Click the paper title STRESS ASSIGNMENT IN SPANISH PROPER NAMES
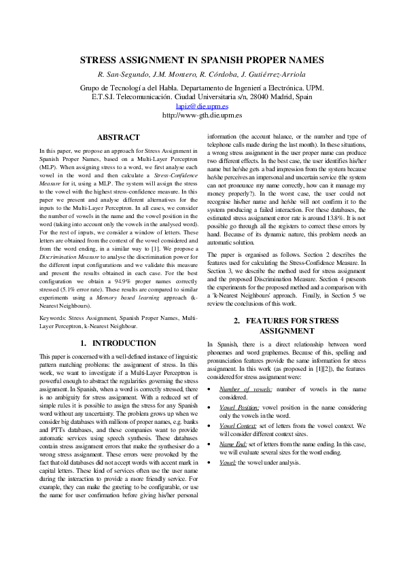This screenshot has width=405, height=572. pyautogui.click(x=202, y=60)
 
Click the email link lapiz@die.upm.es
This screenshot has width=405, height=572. pyautogui.click(x=202, y=107)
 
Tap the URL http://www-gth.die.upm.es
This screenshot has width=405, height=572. pyautogui.click(x=202, y=115)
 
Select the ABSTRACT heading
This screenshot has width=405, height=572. pyautogui.click(x=118, y=137)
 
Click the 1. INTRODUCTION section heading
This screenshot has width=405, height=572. pyautogui.click(x=118, y=343)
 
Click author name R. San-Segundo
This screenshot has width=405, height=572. pyautogui.click(x=122, y=74)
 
